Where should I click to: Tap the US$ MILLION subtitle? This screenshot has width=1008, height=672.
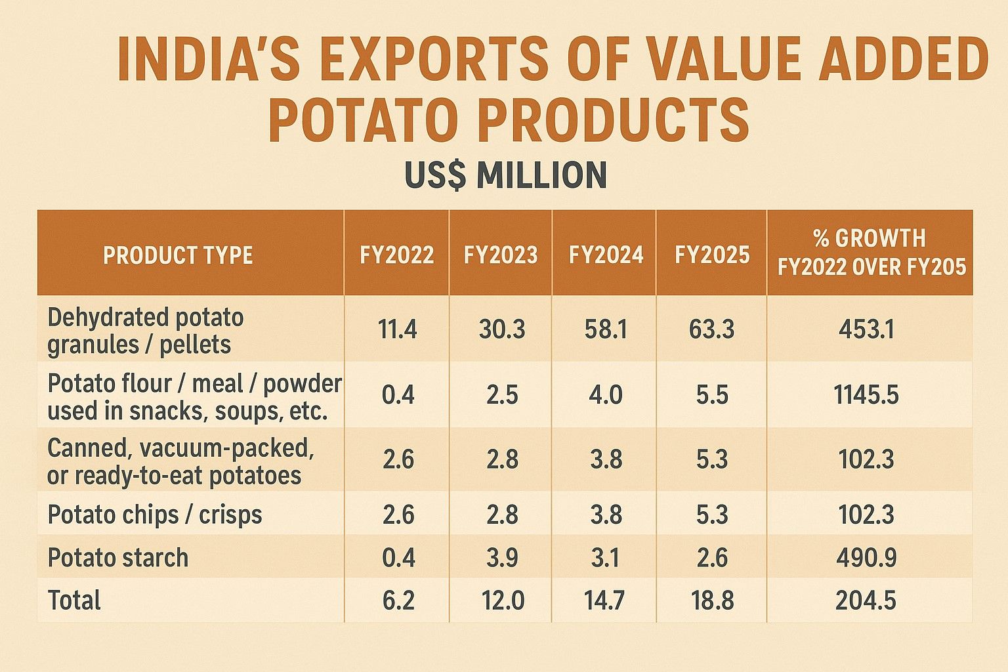[x=506, y=175]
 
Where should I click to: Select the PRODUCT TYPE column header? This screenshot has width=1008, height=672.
[x=178, y=255]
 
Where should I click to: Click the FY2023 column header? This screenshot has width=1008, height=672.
[x=501, y=255]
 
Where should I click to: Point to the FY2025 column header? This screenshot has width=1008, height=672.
[x=712, y=255]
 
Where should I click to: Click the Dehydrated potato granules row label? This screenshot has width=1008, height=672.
[x=145, y=331]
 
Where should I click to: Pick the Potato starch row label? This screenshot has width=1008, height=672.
[x=118, y=558]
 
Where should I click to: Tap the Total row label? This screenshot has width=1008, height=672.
[x=74, y=600]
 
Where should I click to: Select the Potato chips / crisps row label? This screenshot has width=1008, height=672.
[x=155, y=514]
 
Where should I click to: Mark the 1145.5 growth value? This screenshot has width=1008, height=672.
[x=866, y=395]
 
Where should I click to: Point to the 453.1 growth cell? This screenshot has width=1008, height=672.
[x=867, y=330]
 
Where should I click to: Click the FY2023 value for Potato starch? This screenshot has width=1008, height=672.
[x=502, y=558]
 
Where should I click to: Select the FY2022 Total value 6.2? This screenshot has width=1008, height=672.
[x=398, y=600]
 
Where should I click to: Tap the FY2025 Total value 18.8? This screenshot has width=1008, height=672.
[x=712, y=600]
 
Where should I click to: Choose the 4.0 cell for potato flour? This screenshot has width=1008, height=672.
[x=606, y=395]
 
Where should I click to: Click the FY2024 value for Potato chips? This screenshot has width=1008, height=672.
[x=606, y=514]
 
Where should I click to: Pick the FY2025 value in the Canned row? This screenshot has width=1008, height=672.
[x=712, y=460]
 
